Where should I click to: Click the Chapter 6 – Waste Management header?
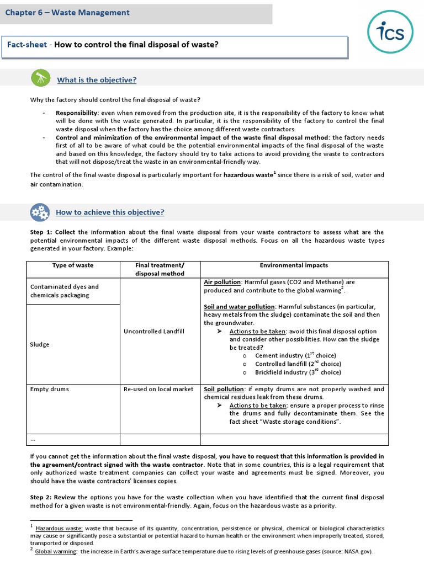tap(68, 13)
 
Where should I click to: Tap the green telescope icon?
tap(40, 79)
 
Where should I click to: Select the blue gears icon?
tap(40, 212)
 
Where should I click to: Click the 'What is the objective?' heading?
tap(97, 80)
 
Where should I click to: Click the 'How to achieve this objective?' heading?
tap(110, 212)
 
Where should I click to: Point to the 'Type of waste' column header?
tap(73, 265)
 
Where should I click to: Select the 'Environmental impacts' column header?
tap(294, 265)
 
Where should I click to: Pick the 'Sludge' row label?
tap(40, 344)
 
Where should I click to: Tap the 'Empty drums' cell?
tap(50, 389)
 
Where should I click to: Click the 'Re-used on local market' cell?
tap(160, 389)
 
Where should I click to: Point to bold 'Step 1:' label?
tap(41, 232)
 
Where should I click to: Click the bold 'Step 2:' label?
tap(41, 497)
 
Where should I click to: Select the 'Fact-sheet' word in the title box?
tap(26, 45)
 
